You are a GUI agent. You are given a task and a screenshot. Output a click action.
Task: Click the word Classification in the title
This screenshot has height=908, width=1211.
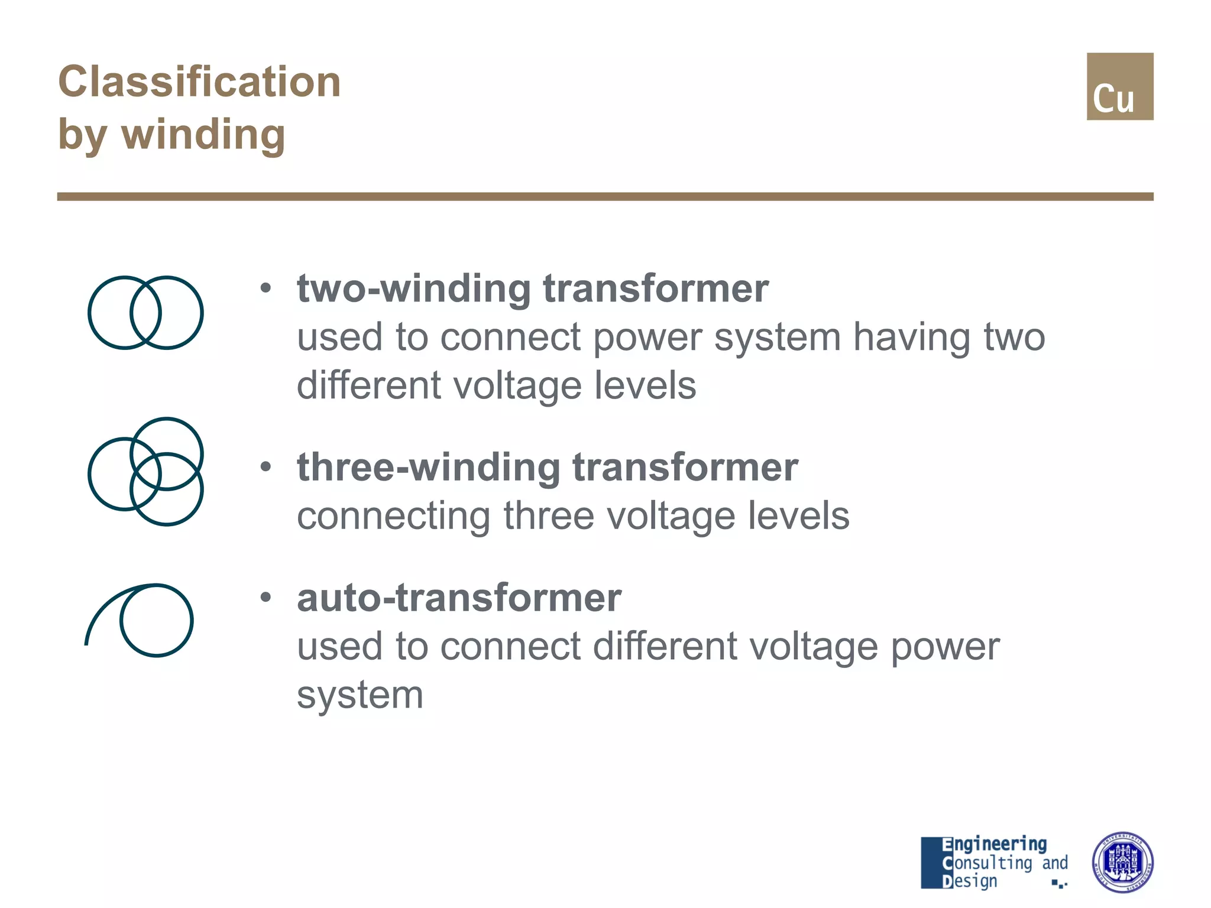click(x=199, y=82)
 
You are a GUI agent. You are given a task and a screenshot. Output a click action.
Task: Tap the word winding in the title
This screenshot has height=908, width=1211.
click(x=203, y=135)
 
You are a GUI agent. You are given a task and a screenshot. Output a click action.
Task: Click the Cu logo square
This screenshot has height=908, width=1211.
click(x=1119, y=87)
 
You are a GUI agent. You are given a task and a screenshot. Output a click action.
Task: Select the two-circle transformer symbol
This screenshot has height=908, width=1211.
click(x=145, y=313)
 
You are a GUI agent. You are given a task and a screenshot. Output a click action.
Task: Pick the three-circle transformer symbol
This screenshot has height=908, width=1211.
click(x=145, y=472)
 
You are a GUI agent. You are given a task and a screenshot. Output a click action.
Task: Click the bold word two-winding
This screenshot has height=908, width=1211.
click(x=414, y=289)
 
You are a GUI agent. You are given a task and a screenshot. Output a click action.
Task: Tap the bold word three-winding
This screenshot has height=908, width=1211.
click(x=429, y=468)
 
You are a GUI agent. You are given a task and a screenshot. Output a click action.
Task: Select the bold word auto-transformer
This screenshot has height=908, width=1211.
click(x=459, y=598)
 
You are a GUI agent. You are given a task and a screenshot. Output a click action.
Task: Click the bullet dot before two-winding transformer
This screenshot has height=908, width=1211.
click(x=266, y=289)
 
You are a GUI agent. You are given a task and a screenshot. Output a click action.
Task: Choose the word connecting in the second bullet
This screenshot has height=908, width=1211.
click(x=394, y=516)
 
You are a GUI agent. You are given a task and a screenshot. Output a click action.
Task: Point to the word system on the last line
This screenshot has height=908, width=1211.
click(x=360, y=695)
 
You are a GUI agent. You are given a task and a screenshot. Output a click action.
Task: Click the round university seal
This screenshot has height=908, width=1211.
click(x=1122, y=862)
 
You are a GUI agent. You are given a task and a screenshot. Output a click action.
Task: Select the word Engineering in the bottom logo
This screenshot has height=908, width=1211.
click(x=994, y=845)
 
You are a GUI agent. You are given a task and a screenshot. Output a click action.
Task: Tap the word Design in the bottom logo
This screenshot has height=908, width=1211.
click(x=970, y=881)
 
